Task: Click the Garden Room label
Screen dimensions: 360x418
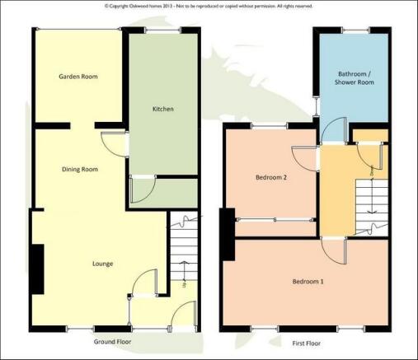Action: click(78, 77)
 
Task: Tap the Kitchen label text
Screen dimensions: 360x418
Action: click(162, 109)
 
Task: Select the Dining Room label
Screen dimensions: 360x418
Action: click(80, 170)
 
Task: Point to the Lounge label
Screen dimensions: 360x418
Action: click(103, 264)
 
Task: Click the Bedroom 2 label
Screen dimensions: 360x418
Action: click(270, 176)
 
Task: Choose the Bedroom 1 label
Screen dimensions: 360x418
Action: click(308, 282)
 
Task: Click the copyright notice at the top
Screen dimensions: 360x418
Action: click(209, 6)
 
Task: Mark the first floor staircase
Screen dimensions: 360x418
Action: click(369, 202)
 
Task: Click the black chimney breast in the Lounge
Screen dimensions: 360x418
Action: click(37, 269)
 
